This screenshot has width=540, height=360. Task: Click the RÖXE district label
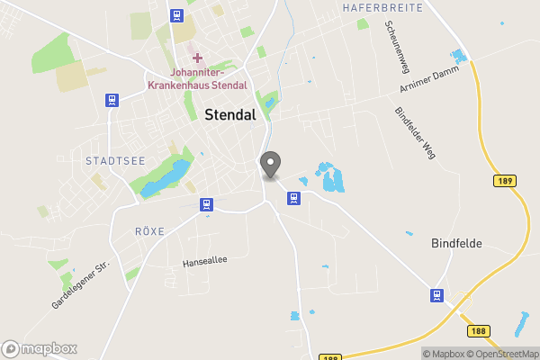click(149, 231)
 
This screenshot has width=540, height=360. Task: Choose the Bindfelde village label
click(457, 244)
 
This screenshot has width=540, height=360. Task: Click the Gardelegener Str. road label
click(79, 286)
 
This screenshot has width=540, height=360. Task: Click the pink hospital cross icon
click(197, 58)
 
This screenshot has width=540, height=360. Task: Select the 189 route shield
click(505, 182)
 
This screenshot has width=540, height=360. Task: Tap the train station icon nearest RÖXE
click(206, 204)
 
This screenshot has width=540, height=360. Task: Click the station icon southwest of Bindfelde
click(436, 295)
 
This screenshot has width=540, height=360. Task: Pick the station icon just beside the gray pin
click(292, 197)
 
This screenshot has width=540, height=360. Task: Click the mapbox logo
click(40, 348)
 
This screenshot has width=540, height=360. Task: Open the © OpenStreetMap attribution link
click(499, 354)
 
